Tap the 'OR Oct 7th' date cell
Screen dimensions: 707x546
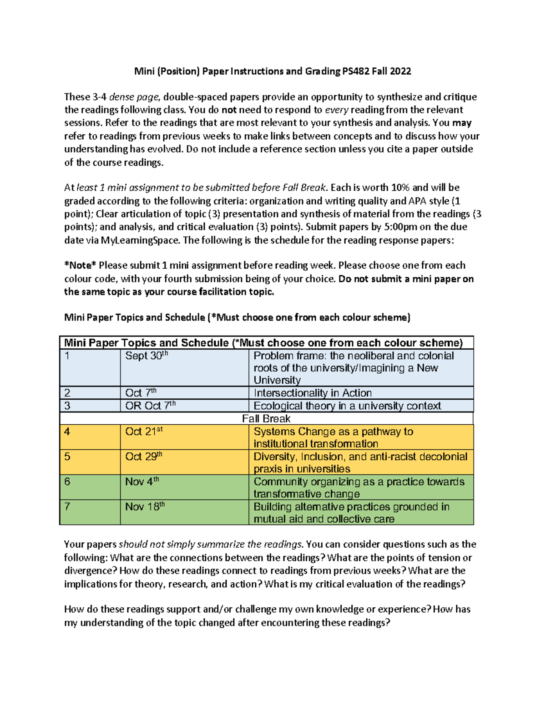click(150, 406)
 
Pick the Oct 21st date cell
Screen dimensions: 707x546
click(144, 432)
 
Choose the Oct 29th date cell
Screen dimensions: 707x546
click(144, 457)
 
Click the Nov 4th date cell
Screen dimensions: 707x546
click(142, 482)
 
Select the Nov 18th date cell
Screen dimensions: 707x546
click(145, 507)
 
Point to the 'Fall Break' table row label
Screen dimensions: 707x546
click(266, 418)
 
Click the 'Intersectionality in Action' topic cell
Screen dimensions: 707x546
click(313, 393)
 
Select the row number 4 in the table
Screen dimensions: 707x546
click(67, 432)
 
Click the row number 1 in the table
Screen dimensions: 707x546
click(67, 356)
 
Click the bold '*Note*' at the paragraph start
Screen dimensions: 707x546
click(80, 265)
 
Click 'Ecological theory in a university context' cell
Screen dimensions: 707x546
click(347, 406)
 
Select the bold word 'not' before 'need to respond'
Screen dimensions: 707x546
click(229, 110)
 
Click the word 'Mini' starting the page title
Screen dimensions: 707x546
click(144, 71)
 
